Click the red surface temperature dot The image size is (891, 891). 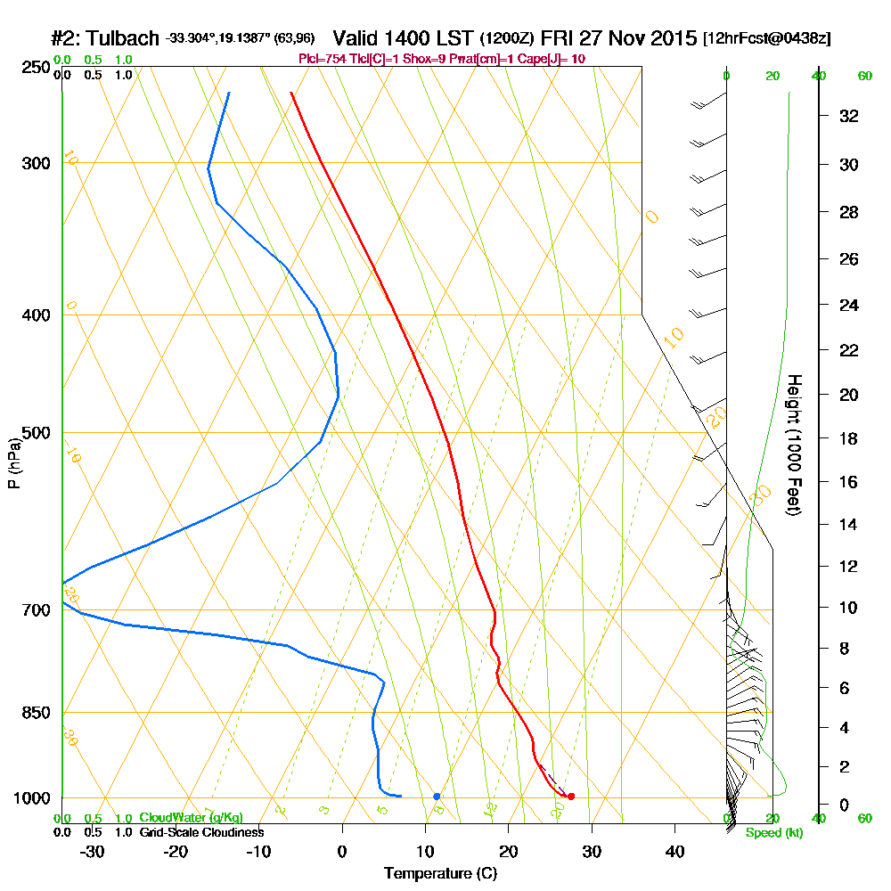click(571, 797)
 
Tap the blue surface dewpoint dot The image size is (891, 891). click(437, 797)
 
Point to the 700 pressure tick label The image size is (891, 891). click(30, 610)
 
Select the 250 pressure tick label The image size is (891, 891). click(30, 67)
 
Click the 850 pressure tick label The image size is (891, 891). click(30, 713)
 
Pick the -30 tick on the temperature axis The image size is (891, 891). click(93, 851)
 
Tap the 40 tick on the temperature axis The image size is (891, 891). click(674, 851)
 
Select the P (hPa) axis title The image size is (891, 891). click(13, 463)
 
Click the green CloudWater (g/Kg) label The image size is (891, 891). click(191, 818)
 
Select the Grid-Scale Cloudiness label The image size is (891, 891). click(201, 832)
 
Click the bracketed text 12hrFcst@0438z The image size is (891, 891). click(766, 39)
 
